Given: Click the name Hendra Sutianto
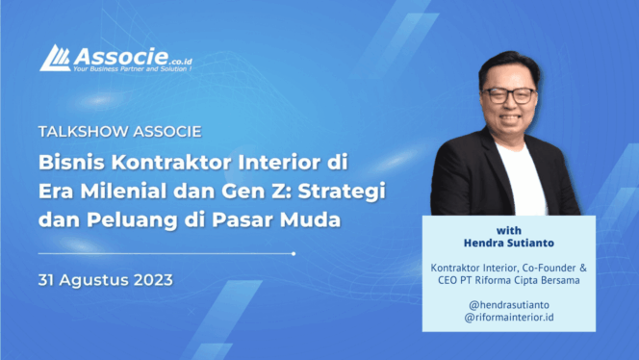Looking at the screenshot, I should (508, 244).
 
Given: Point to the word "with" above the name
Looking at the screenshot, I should (508, 230).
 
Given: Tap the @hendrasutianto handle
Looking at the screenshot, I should (508, 301).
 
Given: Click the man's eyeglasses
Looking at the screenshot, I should (510, 95).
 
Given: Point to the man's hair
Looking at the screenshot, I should (507, 61).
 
